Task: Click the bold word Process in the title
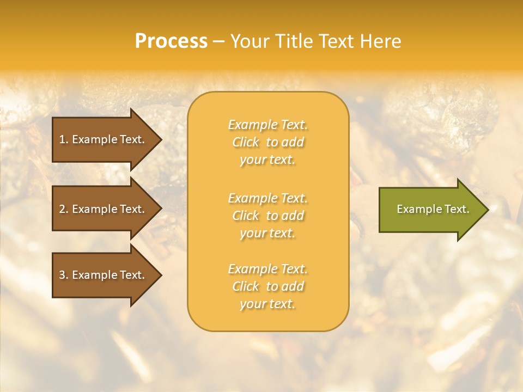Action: point(171,41)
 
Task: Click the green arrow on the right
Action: point(430,209)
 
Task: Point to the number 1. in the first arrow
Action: point(64,139)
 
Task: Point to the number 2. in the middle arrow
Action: point(64,209)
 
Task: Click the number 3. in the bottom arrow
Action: point(64,275)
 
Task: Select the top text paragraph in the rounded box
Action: point(267,142)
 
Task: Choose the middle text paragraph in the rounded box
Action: point(267,216)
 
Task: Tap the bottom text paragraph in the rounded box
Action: point(267,286)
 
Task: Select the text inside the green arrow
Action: point(433,209)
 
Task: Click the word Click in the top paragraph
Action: point(246,142)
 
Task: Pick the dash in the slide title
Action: point(218,41)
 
